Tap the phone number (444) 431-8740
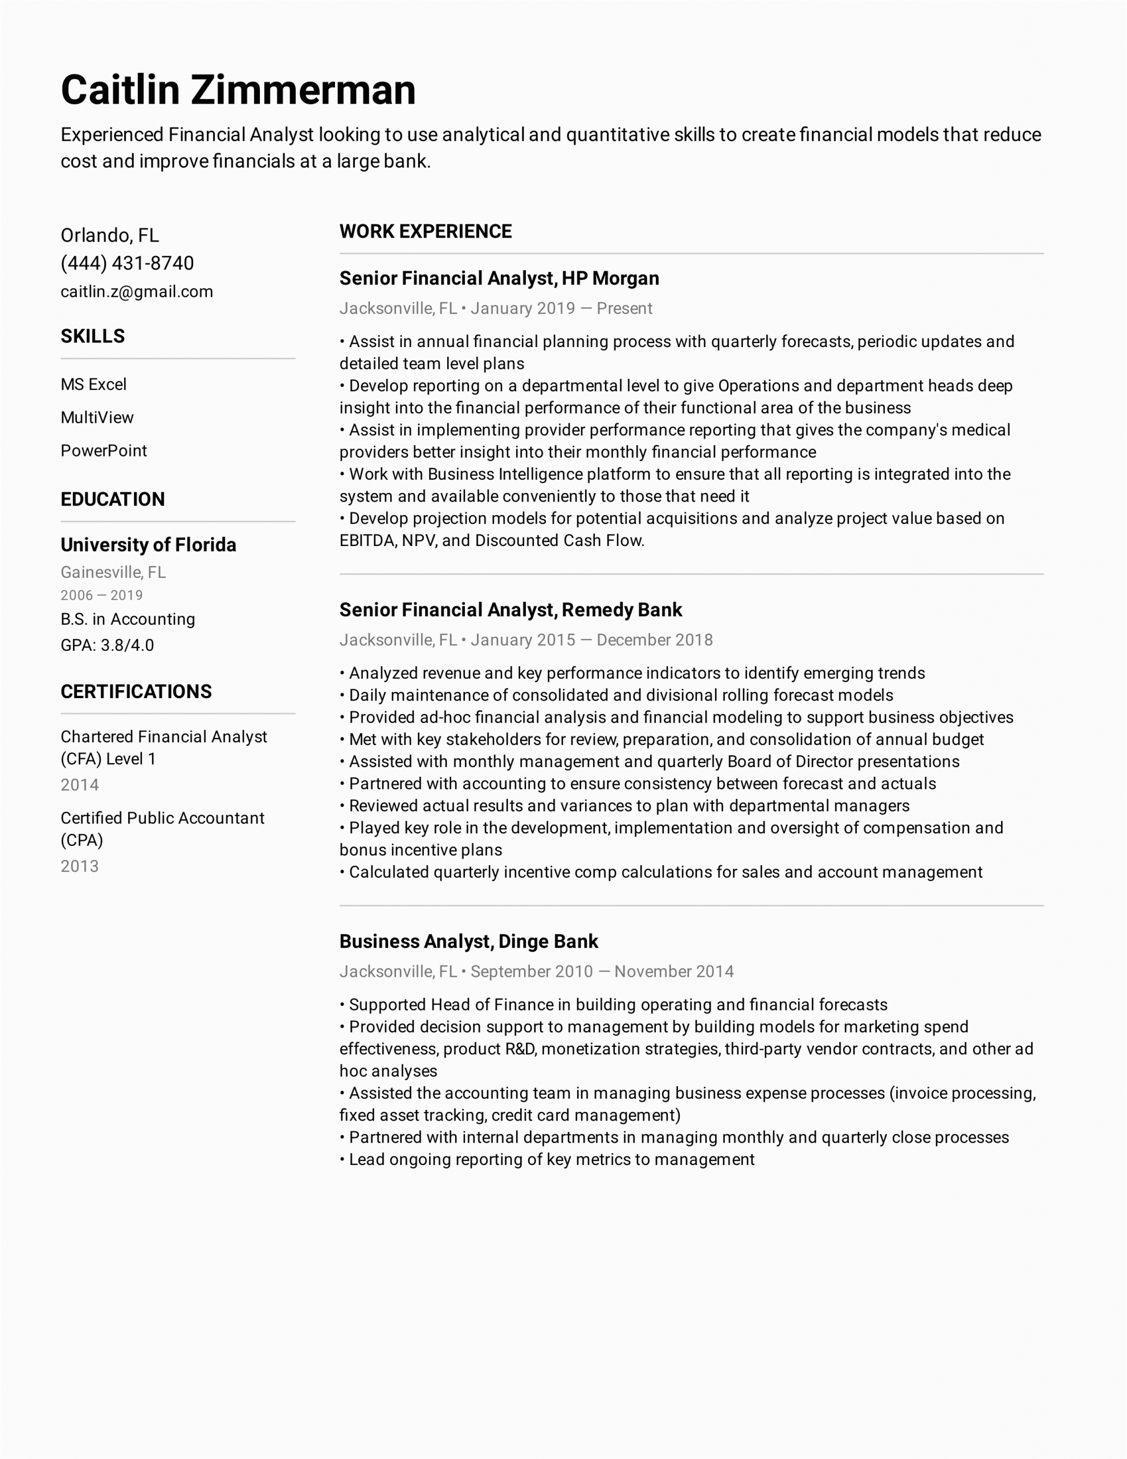[x=127, y=263]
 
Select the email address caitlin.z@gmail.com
[x=136, y=291]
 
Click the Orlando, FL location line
[x=109, y=235]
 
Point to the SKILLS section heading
[x=92, y=336]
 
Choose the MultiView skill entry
[x=97, y=418]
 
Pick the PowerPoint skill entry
[x=104, y=451]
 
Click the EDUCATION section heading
[x=112, y=499]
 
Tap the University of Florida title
[x=148, y=545]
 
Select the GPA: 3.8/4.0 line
[x=107, y=645]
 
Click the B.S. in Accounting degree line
[x=128, y=620]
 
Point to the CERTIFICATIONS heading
[x=136, y=691]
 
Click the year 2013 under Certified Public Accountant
[x=80, y=866]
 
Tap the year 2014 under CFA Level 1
[x=80, y=785]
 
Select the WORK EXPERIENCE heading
[x=426, y=231]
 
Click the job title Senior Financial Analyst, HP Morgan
[x=499, y=279]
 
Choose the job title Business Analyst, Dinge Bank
[x=468, y=942]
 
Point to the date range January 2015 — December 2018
[x=591, y=640]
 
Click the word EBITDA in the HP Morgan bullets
[x=367, y=540]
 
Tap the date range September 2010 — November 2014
[x=602, y=971]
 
